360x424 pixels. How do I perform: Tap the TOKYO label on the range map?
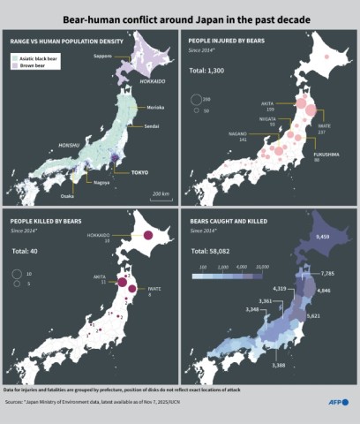tap(139, 172)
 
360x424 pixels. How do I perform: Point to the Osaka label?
tap(67, 195)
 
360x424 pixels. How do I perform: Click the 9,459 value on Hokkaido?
tap(322, 236)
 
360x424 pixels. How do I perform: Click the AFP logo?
tap(337, 402)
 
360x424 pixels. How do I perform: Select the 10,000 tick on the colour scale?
tap(262, 265)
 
